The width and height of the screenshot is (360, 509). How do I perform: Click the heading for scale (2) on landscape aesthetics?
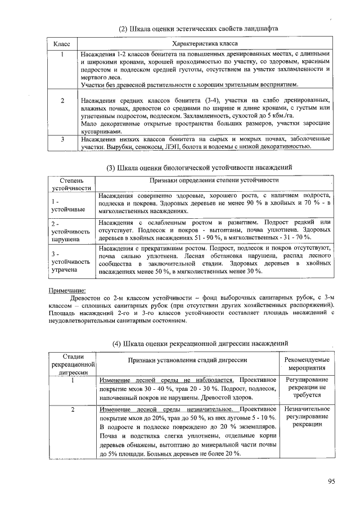click(198, 28)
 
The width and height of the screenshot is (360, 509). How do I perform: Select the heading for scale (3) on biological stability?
click(200, 167)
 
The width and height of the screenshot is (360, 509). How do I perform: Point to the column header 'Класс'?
click(61, 43)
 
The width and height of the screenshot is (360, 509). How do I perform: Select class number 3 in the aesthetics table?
click(63, 139)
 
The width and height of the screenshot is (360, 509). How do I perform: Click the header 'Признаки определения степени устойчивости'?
click(214, 180)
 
